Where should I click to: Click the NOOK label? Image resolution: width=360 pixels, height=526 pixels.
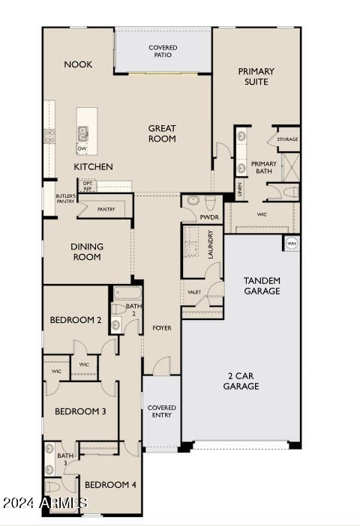coord(78,64)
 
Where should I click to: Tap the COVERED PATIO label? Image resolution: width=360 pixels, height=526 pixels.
coord(163,51)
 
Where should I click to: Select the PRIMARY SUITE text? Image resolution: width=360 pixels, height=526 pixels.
coord(256,76)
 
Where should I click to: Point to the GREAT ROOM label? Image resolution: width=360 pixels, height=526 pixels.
coord(162,133)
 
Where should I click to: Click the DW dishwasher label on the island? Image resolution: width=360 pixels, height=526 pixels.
coord(82,149)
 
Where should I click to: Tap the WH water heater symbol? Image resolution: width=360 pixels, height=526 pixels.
coord(291,244)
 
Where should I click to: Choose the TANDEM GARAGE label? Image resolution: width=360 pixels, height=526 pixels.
coord(262,285)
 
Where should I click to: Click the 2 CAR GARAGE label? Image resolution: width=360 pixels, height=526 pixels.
coord(241,381)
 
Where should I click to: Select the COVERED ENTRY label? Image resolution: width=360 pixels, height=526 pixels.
coord(161,412)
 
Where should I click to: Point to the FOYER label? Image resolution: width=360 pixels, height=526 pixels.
coord(162,327)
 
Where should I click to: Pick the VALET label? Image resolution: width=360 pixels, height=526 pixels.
coord(194,291)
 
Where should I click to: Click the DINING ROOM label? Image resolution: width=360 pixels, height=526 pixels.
coord(87,252)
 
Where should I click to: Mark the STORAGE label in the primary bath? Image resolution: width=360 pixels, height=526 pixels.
coord(287,139)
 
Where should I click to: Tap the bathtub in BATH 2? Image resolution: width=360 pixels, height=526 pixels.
coord(127,294)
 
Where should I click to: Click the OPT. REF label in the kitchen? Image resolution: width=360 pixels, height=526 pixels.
coord(88,185)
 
